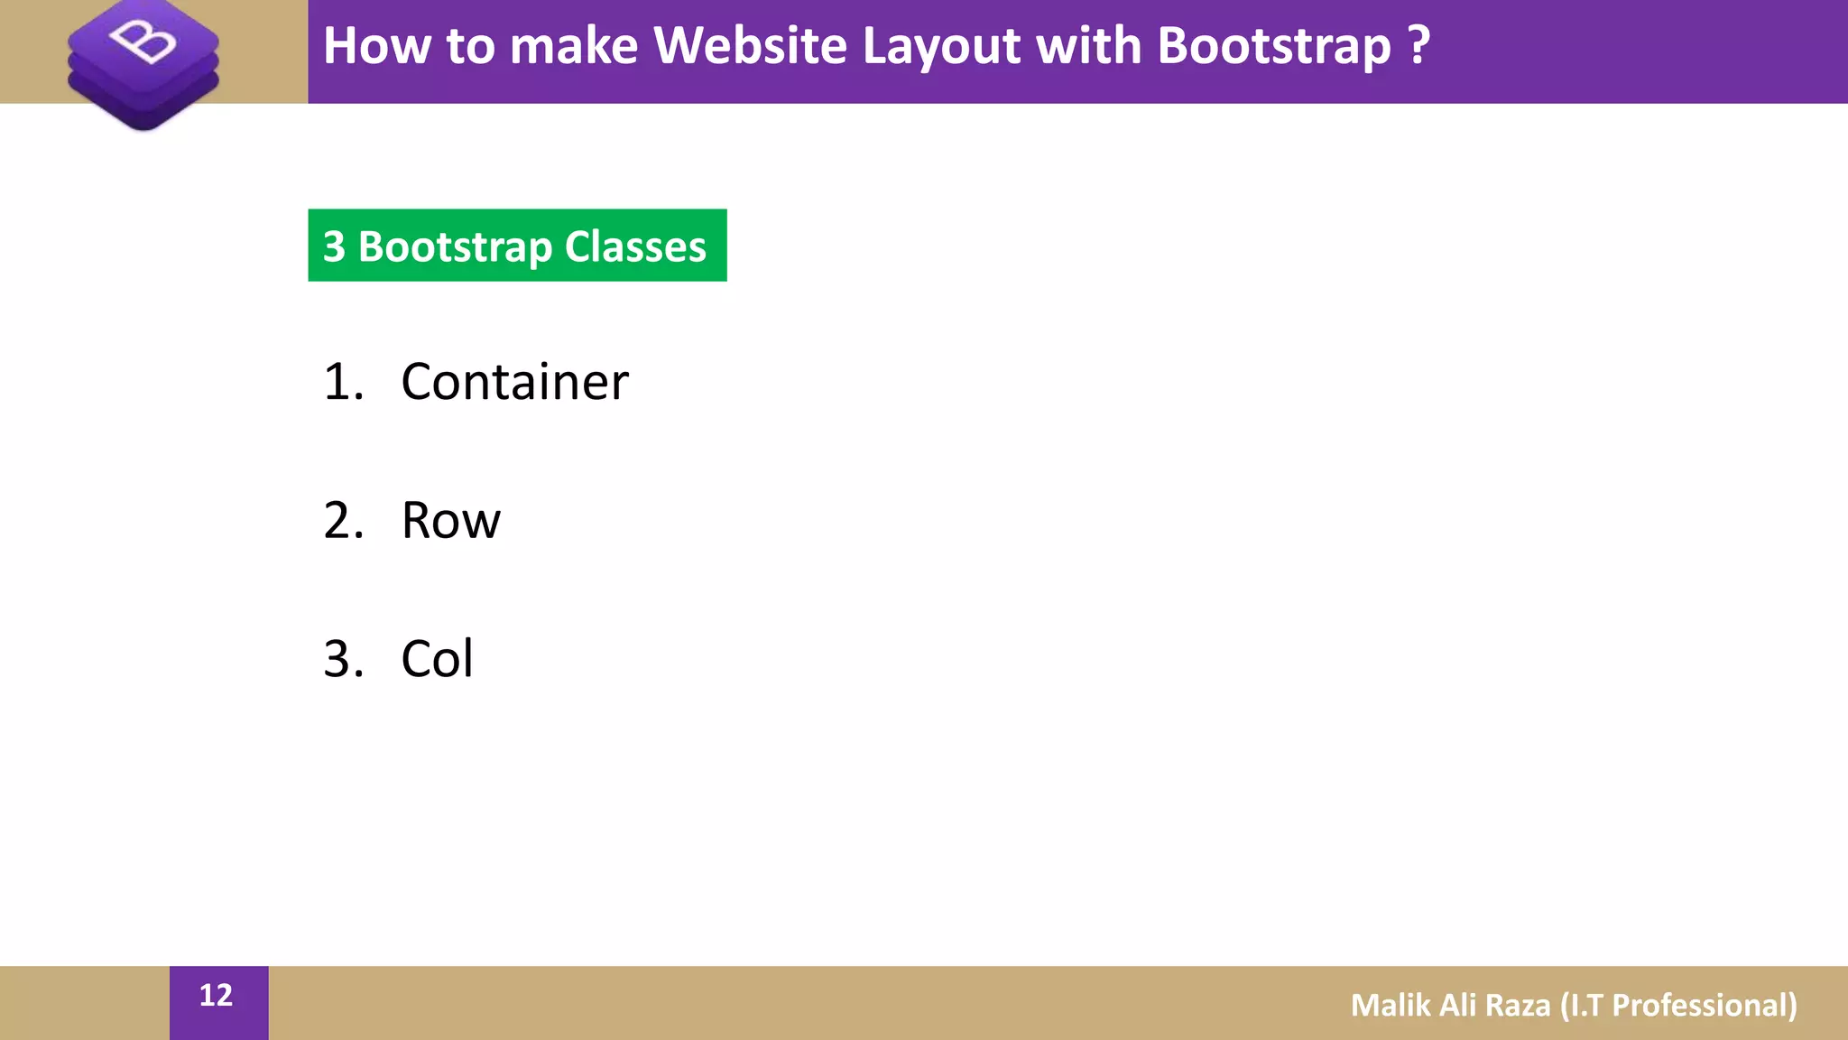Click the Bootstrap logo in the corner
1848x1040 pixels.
click(143, 63)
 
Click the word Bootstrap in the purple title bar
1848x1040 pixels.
click(1273, 47)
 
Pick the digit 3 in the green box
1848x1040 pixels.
click(334, 246)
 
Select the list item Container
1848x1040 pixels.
click(514, 382)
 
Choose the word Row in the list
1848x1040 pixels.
click(450, 521)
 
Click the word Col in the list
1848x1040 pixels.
click(437, 659)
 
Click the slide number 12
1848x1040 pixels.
click(216, 995)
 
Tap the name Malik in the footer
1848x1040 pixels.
click(1390, 1005)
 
